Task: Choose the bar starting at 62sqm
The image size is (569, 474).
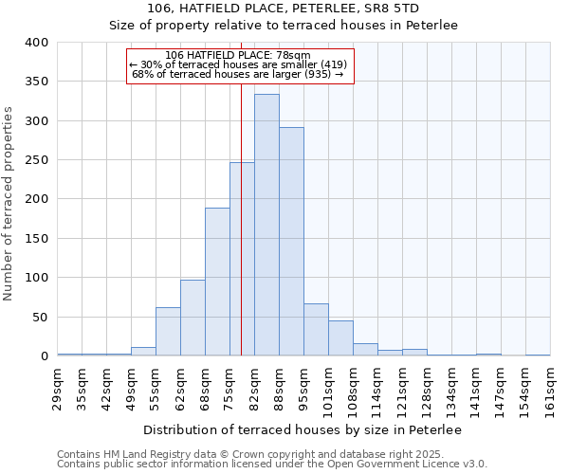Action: tap(193, 318)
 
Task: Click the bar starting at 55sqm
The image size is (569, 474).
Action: tap(168, 332)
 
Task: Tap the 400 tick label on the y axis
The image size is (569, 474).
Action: tap(36, 43)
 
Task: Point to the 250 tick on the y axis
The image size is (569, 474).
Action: tap(36, 160)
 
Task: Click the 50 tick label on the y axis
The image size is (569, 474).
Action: tap(39, 317)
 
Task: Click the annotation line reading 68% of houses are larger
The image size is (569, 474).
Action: tap(237, 74)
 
